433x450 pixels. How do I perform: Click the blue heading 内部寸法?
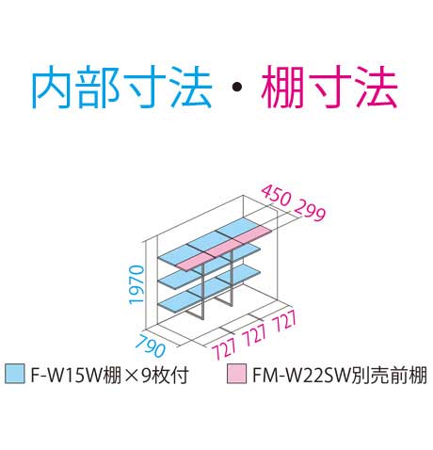click(121, 88)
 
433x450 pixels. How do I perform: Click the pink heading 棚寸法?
click(329, 88)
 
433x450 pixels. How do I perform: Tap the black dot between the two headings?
click(237, 88)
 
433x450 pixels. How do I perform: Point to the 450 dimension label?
click(276, 196)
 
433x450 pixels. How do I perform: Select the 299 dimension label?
click(310, 210)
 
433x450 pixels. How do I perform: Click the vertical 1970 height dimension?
click(136, 284)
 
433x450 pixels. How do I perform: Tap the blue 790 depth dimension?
click(152, 346)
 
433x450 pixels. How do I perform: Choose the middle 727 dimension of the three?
click(255, 335)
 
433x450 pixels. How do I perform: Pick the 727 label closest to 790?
click(224, 349)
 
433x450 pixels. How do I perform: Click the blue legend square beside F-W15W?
click(14, 374)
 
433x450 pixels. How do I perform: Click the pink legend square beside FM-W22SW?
click(236, 374)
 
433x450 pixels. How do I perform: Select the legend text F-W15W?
click(66, 375)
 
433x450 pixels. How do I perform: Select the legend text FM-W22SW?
click(301, 375)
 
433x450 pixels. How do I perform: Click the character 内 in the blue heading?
click(52, 88)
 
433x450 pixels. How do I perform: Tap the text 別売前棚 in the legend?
click(389, 375)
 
